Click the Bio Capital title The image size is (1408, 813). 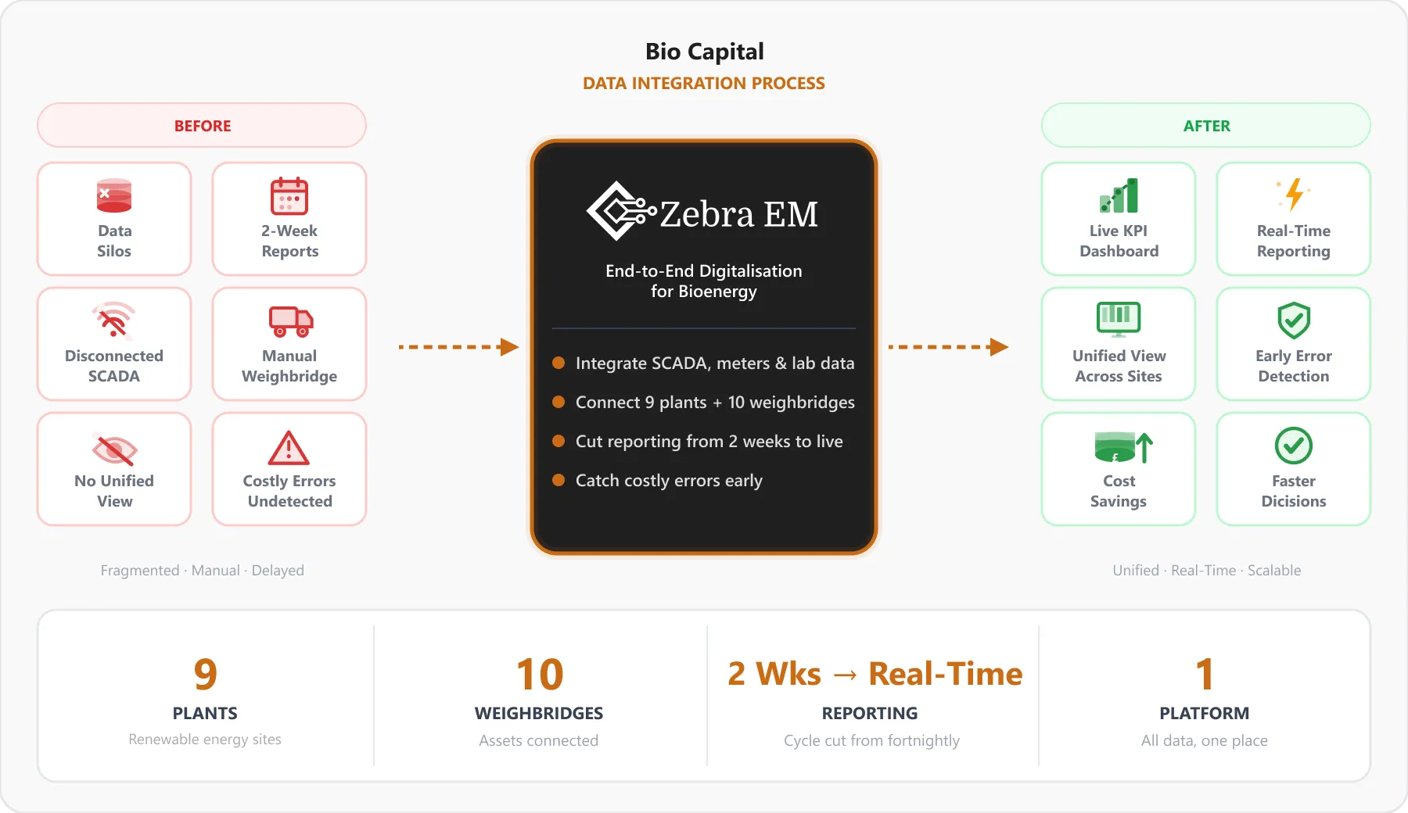704,52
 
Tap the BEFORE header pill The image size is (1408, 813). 202,125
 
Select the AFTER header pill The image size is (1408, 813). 1206,125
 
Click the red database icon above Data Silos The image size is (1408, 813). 114,195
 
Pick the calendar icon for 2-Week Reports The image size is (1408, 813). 289,195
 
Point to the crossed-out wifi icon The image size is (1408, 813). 114,320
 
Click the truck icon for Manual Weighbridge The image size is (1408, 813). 291,321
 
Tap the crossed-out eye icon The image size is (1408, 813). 114,449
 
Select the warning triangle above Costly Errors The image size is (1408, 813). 289,448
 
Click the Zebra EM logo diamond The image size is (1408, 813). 618,211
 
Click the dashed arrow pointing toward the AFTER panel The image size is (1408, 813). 949,346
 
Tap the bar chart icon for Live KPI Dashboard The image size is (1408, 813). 1119,195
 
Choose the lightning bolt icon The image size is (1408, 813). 1294,195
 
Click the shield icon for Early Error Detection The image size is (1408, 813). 1294,321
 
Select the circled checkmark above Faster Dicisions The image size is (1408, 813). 1294,446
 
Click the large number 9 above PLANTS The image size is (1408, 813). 205,674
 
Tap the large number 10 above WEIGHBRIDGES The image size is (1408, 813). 540,674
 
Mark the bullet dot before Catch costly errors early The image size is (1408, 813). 559,480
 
